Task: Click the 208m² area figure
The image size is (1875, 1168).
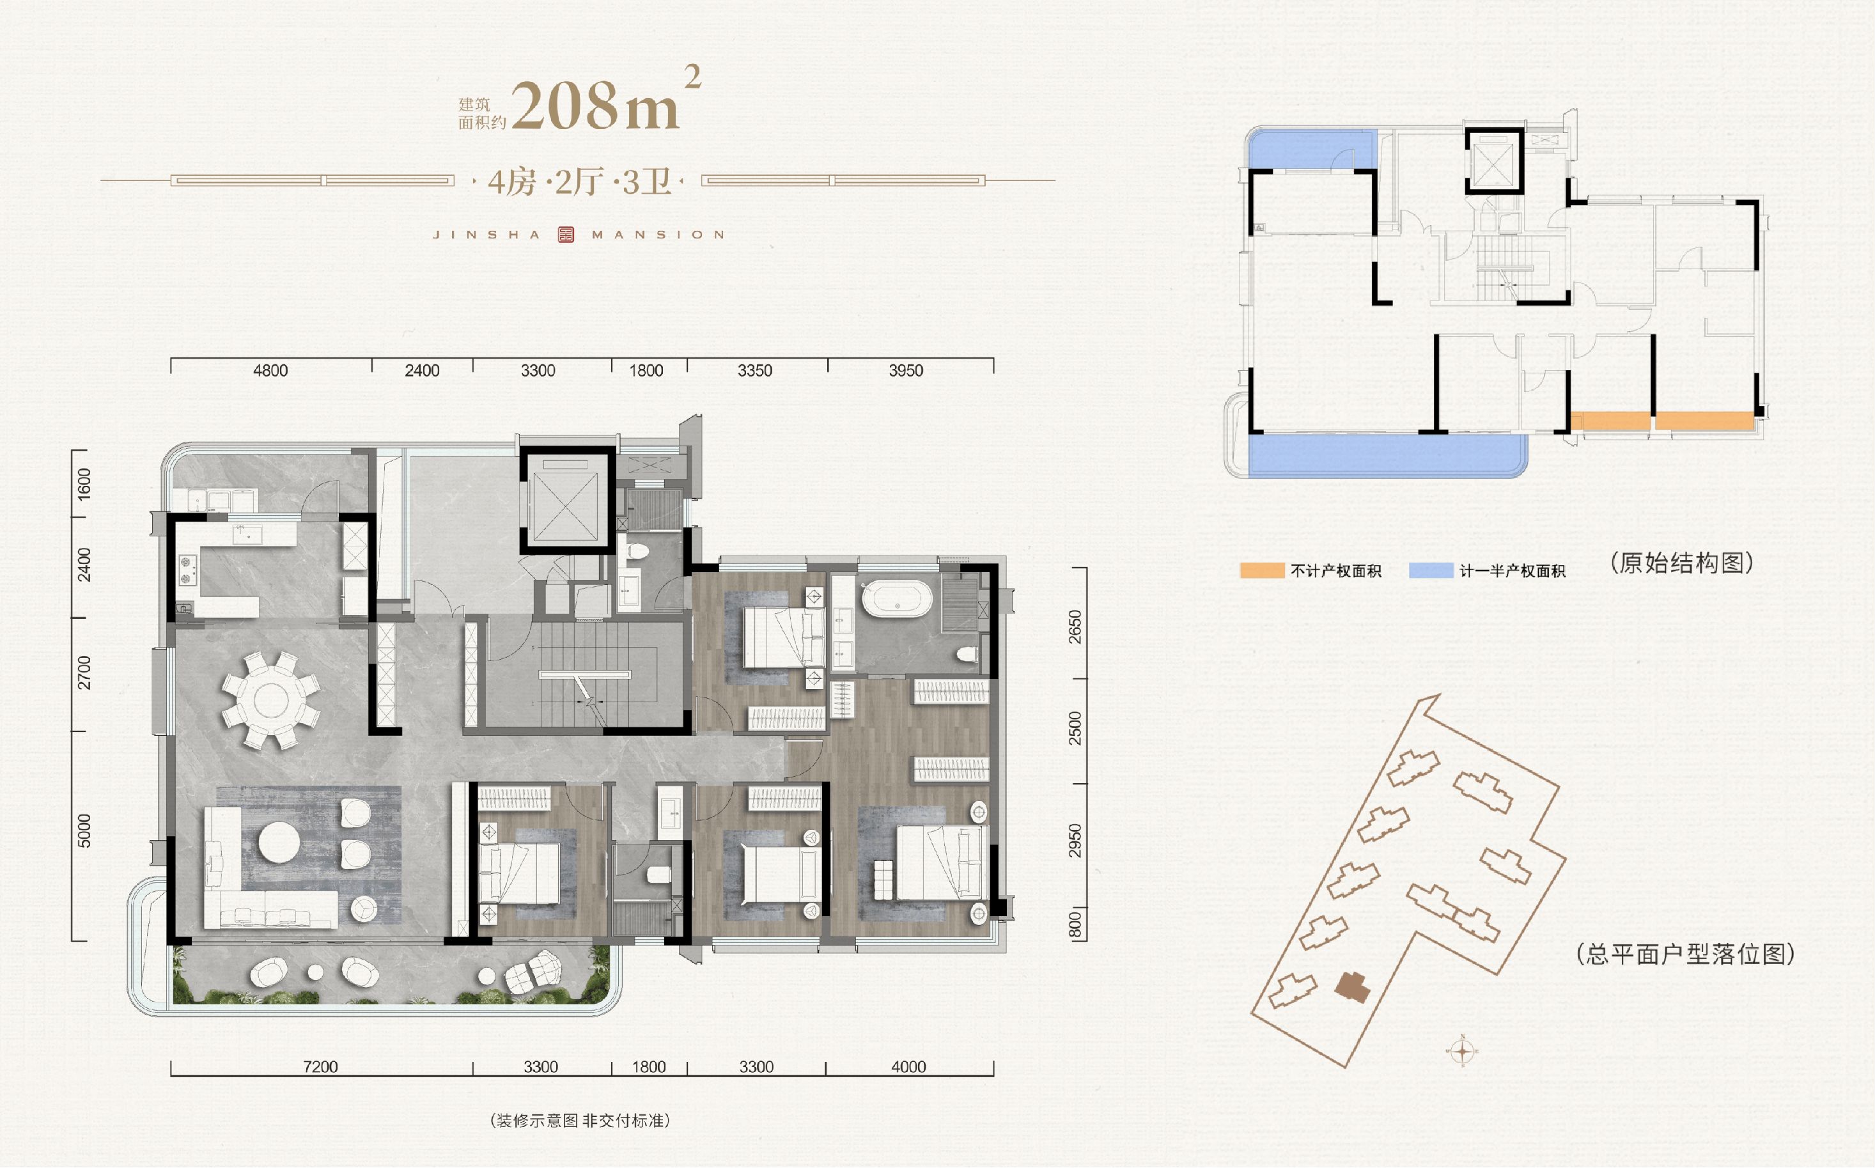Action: (606, 100)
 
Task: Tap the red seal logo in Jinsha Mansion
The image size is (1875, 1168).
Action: (566, 235)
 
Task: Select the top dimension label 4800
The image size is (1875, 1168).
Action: (270, 371)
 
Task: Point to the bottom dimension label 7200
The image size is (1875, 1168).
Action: (320, 1067)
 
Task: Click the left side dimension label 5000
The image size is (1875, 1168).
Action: (84, 830)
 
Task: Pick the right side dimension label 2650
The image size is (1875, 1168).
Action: (1075, 627)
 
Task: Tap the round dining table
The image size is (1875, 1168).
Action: (270, 701)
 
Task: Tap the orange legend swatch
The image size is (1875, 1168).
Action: (1262, 571)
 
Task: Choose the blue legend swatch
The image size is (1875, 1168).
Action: (1431, 571)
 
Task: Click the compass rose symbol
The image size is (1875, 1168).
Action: (1461, 1050)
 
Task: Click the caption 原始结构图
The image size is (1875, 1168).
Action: (1682, 563)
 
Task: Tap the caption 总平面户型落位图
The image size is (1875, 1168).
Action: (1685, 954)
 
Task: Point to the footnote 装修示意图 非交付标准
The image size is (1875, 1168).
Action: (580, 1121)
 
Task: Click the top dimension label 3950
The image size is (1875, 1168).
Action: (906, 371)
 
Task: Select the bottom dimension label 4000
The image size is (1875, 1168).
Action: (908, 1067)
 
